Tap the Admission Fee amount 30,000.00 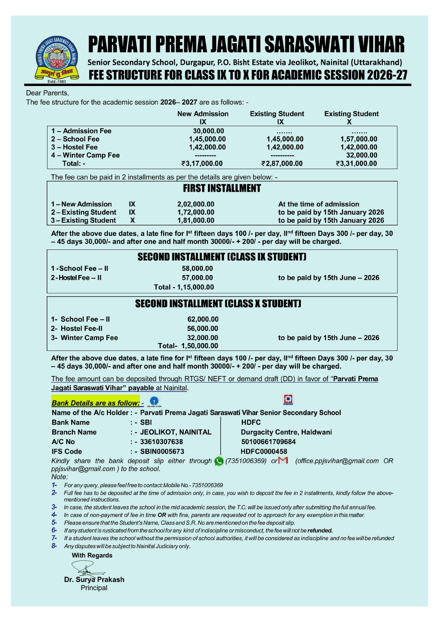(x=208, y=131)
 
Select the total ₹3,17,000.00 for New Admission (x=202, y=163)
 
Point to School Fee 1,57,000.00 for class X (x=359, y=139)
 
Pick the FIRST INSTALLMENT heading (x=222, y=189)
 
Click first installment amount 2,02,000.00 (x=196, y=204)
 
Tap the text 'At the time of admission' (x=319, y=204)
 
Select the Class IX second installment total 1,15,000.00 (x=195, y=287)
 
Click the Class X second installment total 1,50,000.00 (x=200, y=346)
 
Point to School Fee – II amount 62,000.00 (x=203, y=319)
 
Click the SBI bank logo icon (x=154, y=401)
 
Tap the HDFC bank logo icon (x=288, y=400)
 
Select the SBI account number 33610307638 (x=161, y=442)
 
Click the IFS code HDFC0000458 (x=264, y=452)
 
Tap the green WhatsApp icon (x=219, y=461)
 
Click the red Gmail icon (x=283, y=460)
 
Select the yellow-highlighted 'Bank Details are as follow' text (x=96, y=403)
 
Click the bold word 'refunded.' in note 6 (x=320, y=531)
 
